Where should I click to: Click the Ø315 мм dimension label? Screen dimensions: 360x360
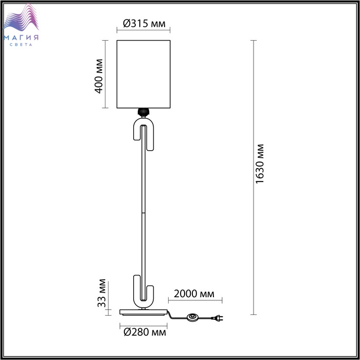[x=144, y=23]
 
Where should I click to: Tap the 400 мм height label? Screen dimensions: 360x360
[x=99, y=76]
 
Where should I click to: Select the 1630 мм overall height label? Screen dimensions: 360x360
[x=260, y=164]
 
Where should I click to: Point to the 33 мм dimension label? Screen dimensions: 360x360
[x=102, y=293]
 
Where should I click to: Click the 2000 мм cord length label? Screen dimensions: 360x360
[x=194, y=294]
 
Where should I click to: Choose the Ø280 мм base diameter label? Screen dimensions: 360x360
[x=145, y=332]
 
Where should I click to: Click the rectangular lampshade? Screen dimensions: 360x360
[x=143, y=74]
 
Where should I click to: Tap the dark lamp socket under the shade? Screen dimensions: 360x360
[x=143, y=112]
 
